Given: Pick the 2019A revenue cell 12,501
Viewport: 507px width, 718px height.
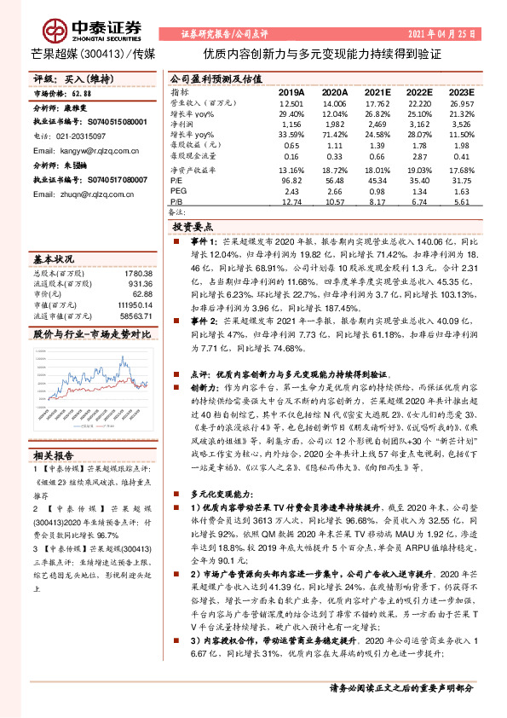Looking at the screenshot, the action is point(291,102).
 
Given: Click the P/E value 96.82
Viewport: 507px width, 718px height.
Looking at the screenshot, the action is point(291,180).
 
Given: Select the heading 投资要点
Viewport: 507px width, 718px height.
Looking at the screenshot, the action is point(192,228).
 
